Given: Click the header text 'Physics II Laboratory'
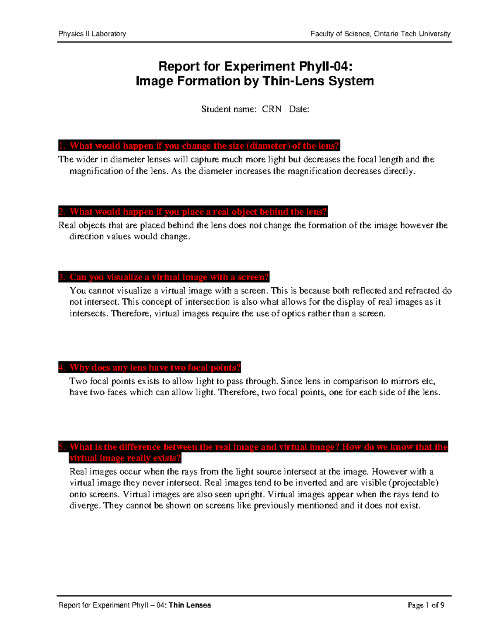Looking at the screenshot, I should [92, 34].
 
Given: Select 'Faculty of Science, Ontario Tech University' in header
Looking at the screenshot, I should [380, 34].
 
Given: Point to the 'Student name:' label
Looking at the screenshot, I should [229, 109].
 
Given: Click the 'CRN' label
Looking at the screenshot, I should [272, 109].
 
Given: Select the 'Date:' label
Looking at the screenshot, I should [299, 109].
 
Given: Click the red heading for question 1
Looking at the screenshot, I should [199, 146].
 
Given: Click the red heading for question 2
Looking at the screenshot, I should [193, 212].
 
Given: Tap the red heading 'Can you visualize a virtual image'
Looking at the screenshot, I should [164, 277].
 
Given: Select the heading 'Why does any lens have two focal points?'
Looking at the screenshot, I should [149, 368].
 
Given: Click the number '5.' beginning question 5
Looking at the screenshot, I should [62, 447].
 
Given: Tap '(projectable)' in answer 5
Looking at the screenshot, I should [414, 483].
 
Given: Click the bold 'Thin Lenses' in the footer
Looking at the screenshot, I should [190, 605].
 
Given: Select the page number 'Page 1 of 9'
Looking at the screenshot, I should [426, 605].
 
